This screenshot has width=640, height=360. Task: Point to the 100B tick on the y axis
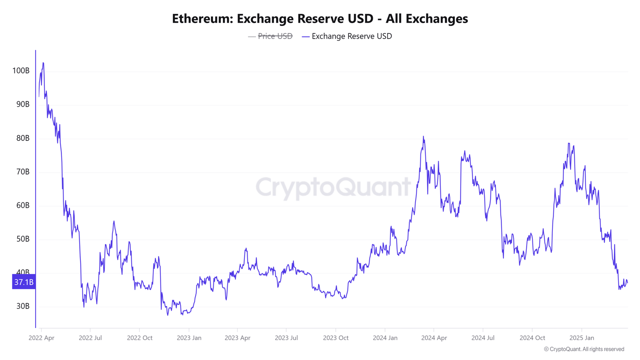pos(21,71)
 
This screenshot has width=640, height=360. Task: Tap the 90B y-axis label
pos(23,104)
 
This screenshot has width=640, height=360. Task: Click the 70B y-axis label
pos(23,172)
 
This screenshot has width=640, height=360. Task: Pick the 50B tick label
pos(23,239)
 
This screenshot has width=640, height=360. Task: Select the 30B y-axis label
pos(23,306)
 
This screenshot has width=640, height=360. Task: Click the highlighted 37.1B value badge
pos(24,282)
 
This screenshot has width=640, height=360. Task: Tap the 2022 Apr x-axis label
pos(41,338)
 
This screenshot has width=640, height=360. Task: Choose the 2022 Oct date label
pos(140,338)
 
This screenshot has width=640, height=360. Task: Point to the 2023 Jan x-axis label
pos(189,338)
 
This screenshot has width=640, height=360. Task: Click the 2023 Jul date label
pos(286,338)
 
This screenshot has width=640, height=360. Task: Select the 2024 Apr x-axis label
pos(434,338)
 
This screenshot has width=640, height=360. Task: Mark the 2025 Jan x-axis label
pos(582,338)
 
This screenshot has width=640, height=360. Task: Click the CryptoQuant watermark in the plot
pos(333,187)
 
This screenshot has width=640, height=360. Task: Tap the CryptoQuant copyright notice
pos(584,349)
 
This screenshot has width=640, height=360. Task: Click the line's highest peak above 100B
pos(43,63)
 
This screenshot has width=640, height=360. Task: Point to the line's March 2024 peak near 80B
pos(423,136)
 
